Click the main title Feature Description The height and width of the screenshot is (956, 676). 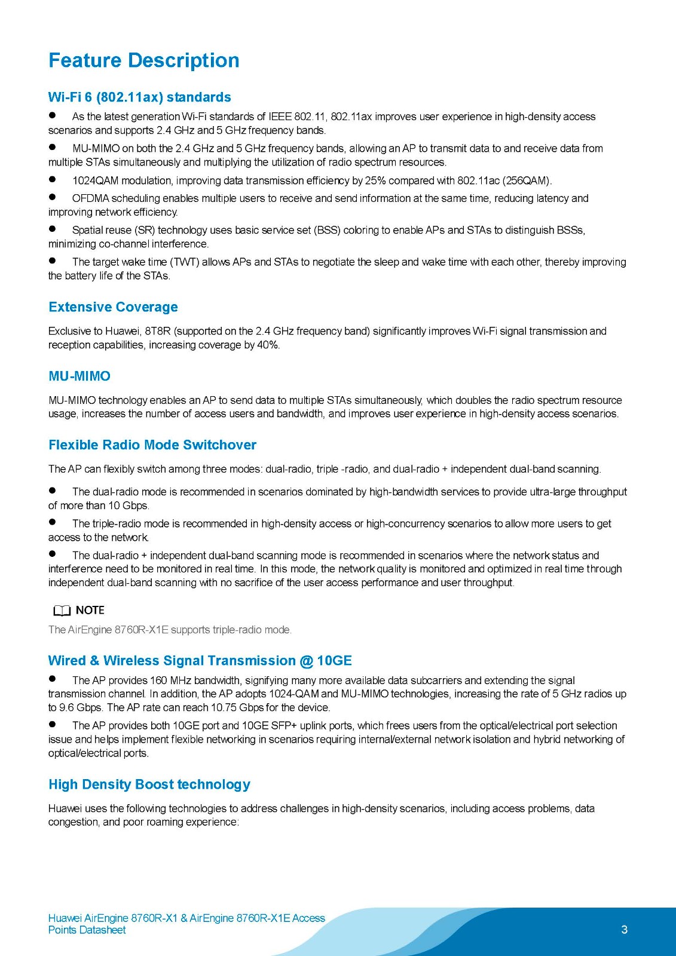pos(143,60)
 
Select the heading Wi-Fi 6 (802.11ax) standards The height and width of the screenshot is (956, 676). pos(139,97)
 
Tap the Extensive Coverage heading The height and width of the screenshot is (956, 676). pos(113,307)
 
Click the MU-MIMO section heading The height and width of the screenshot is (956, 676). pos(79,376)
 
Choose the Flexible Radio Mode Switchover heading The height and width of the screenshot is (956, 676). pos(152,445)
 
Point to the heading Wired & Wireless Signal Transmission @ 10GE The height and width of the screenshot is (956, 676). pos(200,661)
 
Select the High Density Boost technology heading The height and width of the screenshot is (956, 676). pos(149,785)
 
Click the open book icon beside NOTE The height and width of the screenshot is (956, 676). pos(62,611)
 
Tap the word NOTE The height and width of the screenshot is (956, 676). pos(90,610)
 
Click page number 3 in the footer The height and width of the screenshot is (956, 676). pos(624,930)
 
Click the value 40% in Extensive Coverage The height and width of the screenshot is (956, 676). pos(268,345)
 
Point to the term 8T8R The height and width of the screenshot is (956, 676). pos(158,332)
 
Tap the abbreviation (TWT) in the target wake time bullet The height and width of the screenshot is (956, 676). pos(184,262)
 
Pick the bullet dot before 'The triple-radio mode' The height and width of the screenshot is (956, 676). pos(53,522)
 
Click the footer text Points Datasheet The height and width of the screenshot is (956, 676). pos(87,930)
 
